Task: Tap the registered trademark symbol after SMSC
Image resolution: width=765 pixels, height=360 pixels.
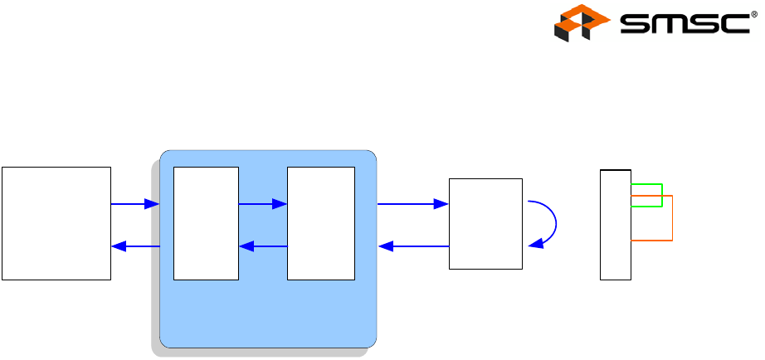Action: click(x=753, y=12)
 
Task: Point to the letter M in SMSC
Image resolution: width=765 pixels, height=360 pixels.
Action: click(x=666, y=24)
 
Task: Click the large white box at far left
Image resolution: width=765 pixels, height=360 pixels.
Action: click(x=56, y=223)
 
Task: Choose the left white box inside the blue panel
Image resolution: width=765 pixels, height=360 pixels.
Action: click(x=206, y=223)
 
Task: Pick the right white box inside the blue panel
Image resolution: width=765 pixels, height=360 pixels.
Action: click(x=320, y=223)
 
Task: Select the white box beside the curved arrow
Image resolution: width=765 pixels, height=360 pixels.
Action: click(x=485, y=223)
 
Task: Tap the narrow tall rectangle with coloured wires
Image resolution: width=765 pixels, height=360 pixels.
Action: click(x=616, y=224)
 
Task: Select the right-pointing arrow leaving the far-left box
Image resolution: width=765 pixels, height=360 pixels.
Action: click(x=134, y=203)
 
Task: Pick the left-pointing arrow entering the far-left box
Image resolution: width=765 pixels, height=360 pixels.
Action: click(x=134, y=246)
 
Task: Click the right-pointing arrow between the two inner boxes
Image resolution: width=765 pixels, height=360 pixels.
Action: click(x=262, y=203)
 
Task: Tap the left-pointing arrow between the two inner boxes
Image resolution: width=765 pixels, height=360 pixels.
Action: click(x=262, y=246)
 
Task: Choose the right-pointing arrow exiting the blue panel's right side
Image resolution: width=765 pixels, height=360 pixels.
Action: click(x=412, y=203)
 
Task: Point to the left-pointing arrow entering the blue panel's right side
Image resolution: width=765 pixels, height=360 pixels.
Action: click(x=412, y=246)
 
